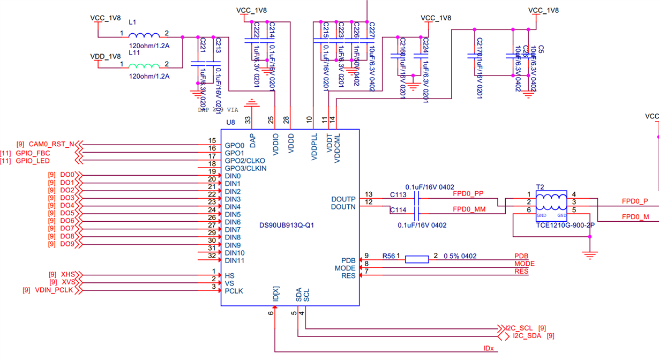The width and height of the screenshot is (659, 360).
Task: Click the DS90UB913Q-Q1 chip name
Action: coord(286,226)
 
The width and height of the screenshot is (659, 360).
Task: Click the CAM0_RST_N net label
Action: coord(51,145)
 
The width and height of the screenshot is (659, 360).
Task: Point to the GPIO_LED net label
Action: coord(33,161)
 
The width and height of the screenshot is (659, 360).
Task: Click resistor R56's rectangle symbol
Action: coord(416,259)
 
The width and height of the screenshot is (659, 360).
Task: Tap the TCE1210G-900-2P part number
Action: coord(565,226)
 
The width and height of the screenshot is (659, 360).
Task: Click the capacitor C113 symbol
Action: coord(417,198)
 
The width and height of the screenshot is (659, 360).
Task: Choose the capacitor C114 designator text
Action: coord(398,211)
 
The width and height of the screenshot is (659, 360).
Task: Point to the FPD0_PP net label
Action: coord(468,194)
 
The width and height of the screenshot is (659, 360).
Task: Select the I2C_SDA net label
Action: coord(527,336)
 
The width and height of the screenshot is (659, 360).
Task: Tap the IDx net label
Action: coord(489,349)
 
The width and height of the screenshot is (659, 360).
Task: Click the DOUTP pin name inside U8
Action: coord(343,199)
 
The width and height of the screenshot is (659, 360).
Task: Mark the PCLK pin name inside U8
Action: coord(234,291)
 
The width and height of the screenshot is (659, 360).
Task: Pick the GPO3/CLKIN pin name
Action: coord(245,168)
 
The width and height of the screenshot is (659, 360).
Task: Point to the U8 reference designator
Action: coord(230,122)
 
